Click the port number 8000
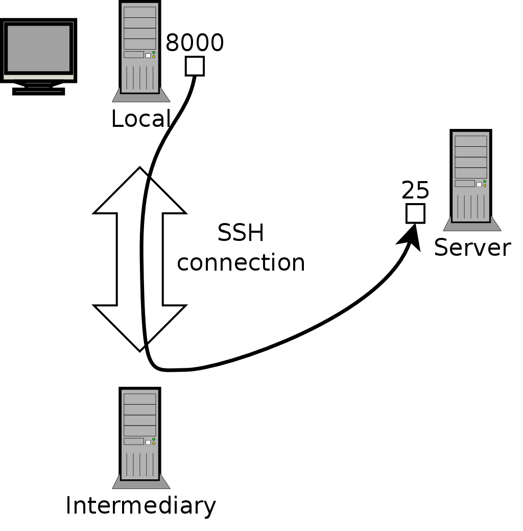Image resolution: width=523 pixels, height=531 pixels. click(195, 43)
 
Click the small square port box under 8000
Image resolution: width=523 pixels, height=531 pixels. click(195, 66)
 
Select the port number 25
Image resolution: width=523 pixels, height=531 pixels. click(415, 191)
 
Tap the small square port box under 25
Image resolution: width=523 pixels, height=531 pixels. click(415, 213)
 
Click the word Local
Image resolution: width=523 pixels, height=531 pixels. click(140, 119)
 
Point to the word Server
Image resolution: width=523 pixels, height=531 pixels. click(472, 248)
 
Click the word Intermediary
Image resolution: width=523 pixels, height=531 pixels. click(140, 505)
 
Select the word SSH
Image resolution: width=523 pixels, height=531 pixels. click(241, 233)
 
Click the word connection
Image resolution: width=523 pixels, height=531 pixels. click(241, 262)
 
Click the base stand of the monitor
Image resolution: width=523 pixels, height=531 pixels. click(38, 91)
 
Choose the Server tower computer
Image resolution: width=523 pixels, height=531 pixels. click(471, 176)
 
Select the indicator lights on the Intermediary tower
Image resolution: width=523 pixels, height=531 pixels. click(154, 441)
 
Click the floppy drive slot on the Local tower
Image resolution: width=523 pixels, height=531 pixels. click(134, 55)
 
